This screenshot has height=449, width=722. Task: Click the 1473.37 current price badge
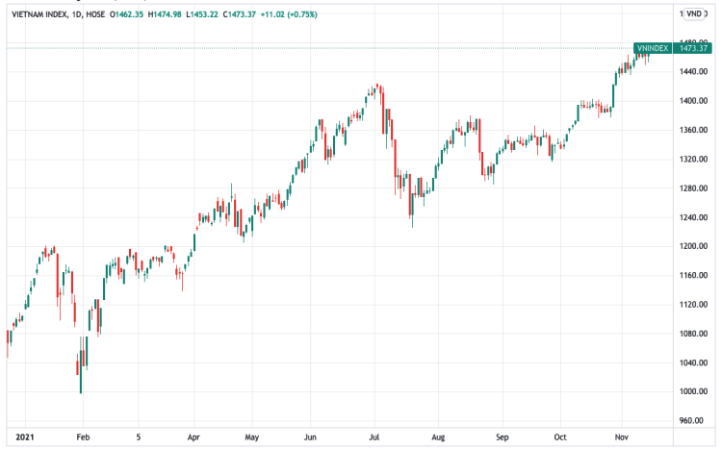click(x=693, y=47)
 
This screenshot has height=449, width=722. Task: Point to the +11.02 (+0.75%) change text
click(x=318, y=14)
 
